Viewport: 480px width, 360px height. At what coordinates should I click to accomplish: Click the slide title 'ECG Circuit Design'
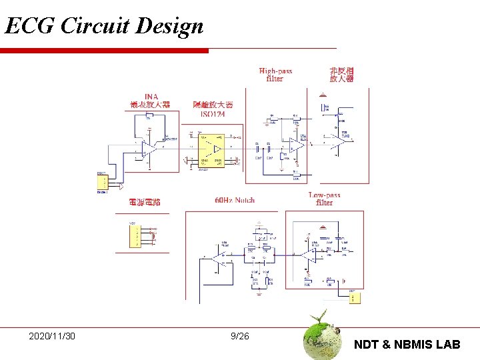point(104,26)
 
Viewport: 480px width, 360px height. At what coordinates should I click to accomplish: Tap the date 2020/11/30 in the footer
point(52,336)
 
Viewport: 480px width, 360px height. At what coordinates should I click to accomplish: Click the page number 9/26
point(239,336)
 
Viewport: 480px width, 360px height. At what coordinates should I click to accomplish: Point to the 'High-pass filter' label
point(275,74)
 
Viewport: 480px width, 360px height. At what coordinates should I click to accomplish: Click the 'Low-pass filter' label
point(325,199)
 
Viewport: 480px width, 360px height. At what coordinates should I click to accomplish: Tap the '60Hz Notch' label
point(235,199)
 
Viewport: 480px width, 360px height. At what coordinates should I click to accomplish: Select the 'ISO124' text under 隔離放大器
point(213,114)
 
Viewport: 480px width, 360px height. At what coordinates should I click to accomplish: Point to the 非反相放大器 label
point(341,74)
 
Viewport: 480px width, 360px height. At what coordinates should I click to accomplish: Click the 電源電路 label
point(145,201)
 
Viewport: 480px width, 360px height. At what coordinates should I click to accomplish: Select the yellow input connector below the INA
point(102,182)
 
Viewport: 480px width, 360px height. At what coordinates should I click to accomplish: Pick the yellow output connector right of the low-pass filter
point(353,297)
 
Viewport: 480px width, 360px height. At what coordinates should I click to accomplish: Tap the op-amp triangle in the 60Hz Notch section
point(218,256)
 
